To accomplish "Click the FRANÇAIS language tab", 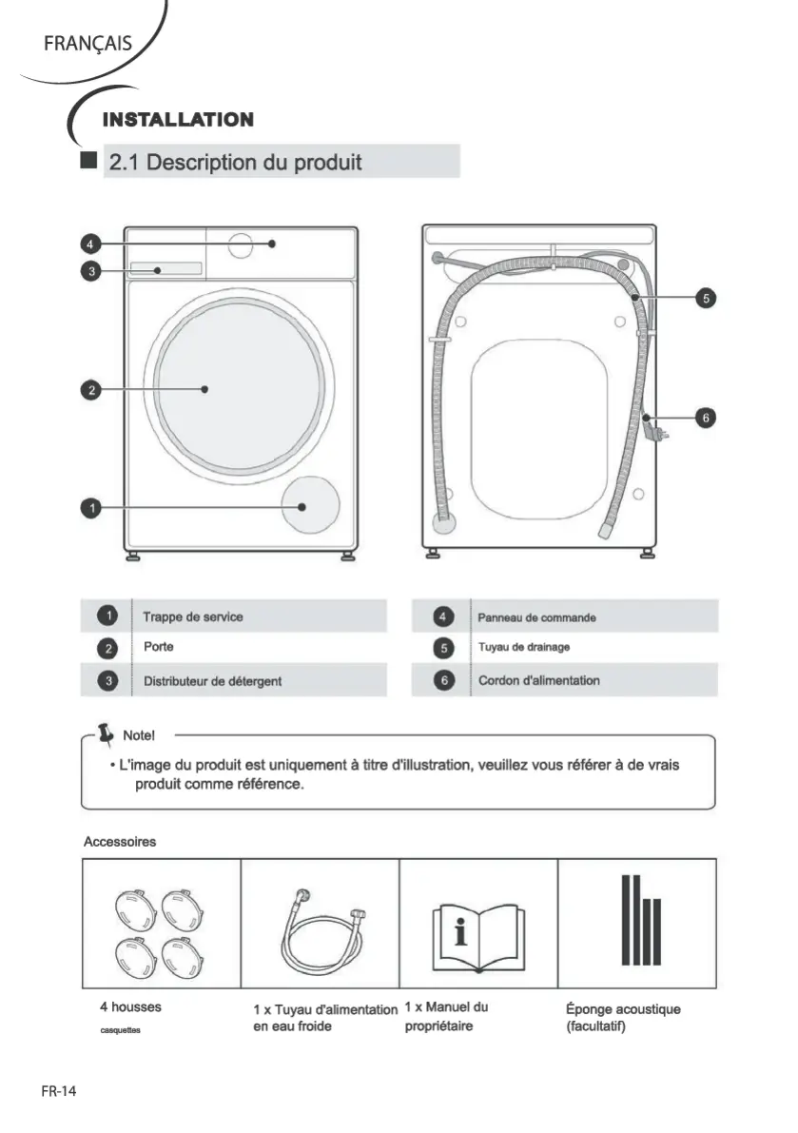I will click(87, 44).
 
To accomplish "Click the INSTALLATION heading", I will click(178, 120).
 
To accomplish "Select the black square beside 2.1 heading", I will click(89, 161).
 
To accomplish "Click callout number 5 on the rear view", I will click(705, 298).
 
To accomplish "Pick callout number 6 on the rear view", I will click(705, 417).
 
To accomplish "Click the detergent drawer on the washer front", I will click(166, 269).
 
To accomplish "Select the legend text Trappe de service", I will click(192, 616).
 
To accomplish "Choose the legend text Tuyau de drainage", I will click(523, 648).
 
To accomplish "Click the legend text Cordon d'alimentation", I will click(538, 680).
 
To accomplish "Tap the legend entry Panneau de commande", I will click(536, 617).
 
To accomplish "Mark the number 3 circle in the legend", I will click(110, 680).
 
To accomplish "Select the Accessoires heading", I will click(120, 842).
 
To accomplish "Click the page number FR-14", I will click(59, 1091).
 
